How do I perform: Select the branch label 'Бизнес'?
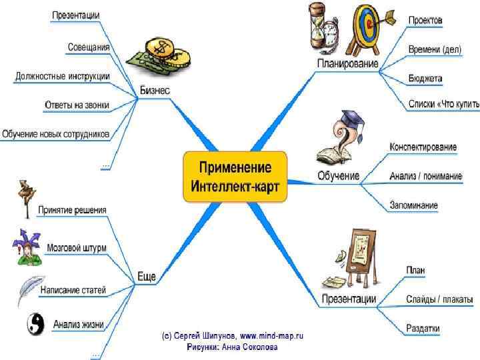click(x=155, y=90)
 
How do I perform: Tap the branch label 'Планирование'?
click(x=347, y=64)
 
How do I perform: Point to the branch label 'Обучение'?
click(x=339, y=176)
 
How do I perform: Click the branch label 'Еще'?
click(x=147, y=275)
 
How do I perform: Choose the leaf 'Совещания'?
click(x=89, y=47)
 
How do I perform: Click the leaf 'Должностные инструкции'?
click(x=63, y=76)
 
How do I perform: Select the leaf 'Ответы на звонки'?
click(x=77, y=105)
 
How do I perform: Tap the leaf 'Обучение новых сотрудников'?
click(x=56, y=134)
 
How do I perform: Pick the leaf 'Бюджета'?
click(x=425, y=79)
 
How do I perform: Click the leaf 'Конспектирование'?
click(x=423, y=147)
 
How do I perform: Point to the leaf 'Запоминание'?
click(x=414, y=205)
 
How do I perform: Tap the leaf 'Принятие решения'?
click(x=72, y=210)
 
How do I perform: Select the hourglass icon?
click(x=319, y=25)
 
